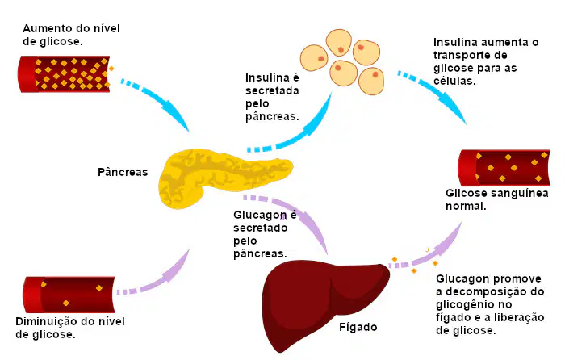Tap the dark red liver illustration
(x=320, y=303)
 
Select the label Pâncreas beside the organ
(x=123, y=172)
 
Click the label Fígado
(x=358, y=327)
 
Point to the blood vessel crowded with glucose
(x=64, y=74)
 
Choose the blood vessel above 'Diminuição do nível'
(x=69, y=295)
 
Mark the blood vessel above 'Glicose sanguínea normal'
(x=504, y=168)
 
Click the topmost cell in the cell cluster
(x=339, y=43)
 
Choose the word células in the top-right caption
(x=454, y=81)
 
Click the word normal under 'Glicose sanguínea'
(x=466, y=206)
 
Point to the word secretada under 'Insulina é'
(x=273, y=90)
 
